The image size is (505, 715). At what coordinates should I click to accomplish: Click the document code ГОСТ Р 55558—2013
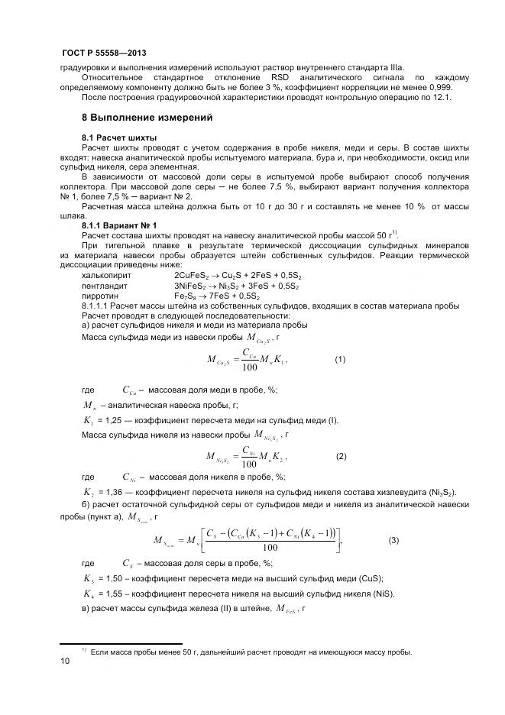click(x=103, y=53)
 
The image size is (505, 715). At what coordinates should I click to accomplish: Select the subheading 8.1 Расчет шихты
click(x=114, y=137)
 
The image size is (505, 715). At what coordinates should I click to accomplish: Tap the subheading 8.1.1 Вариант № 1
click(x=118, y=225)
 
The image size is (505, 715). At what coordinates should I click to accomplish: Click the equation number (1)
click(x=340, y=359)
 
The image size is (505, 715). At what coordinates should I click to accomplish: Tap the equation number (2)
click(x=341, y=456)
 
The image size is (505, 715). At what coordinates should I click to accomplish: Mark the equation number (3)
click(x=393, y=541)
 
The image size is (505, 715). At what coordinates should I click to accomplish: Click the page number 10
click(x=65, y=662)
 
